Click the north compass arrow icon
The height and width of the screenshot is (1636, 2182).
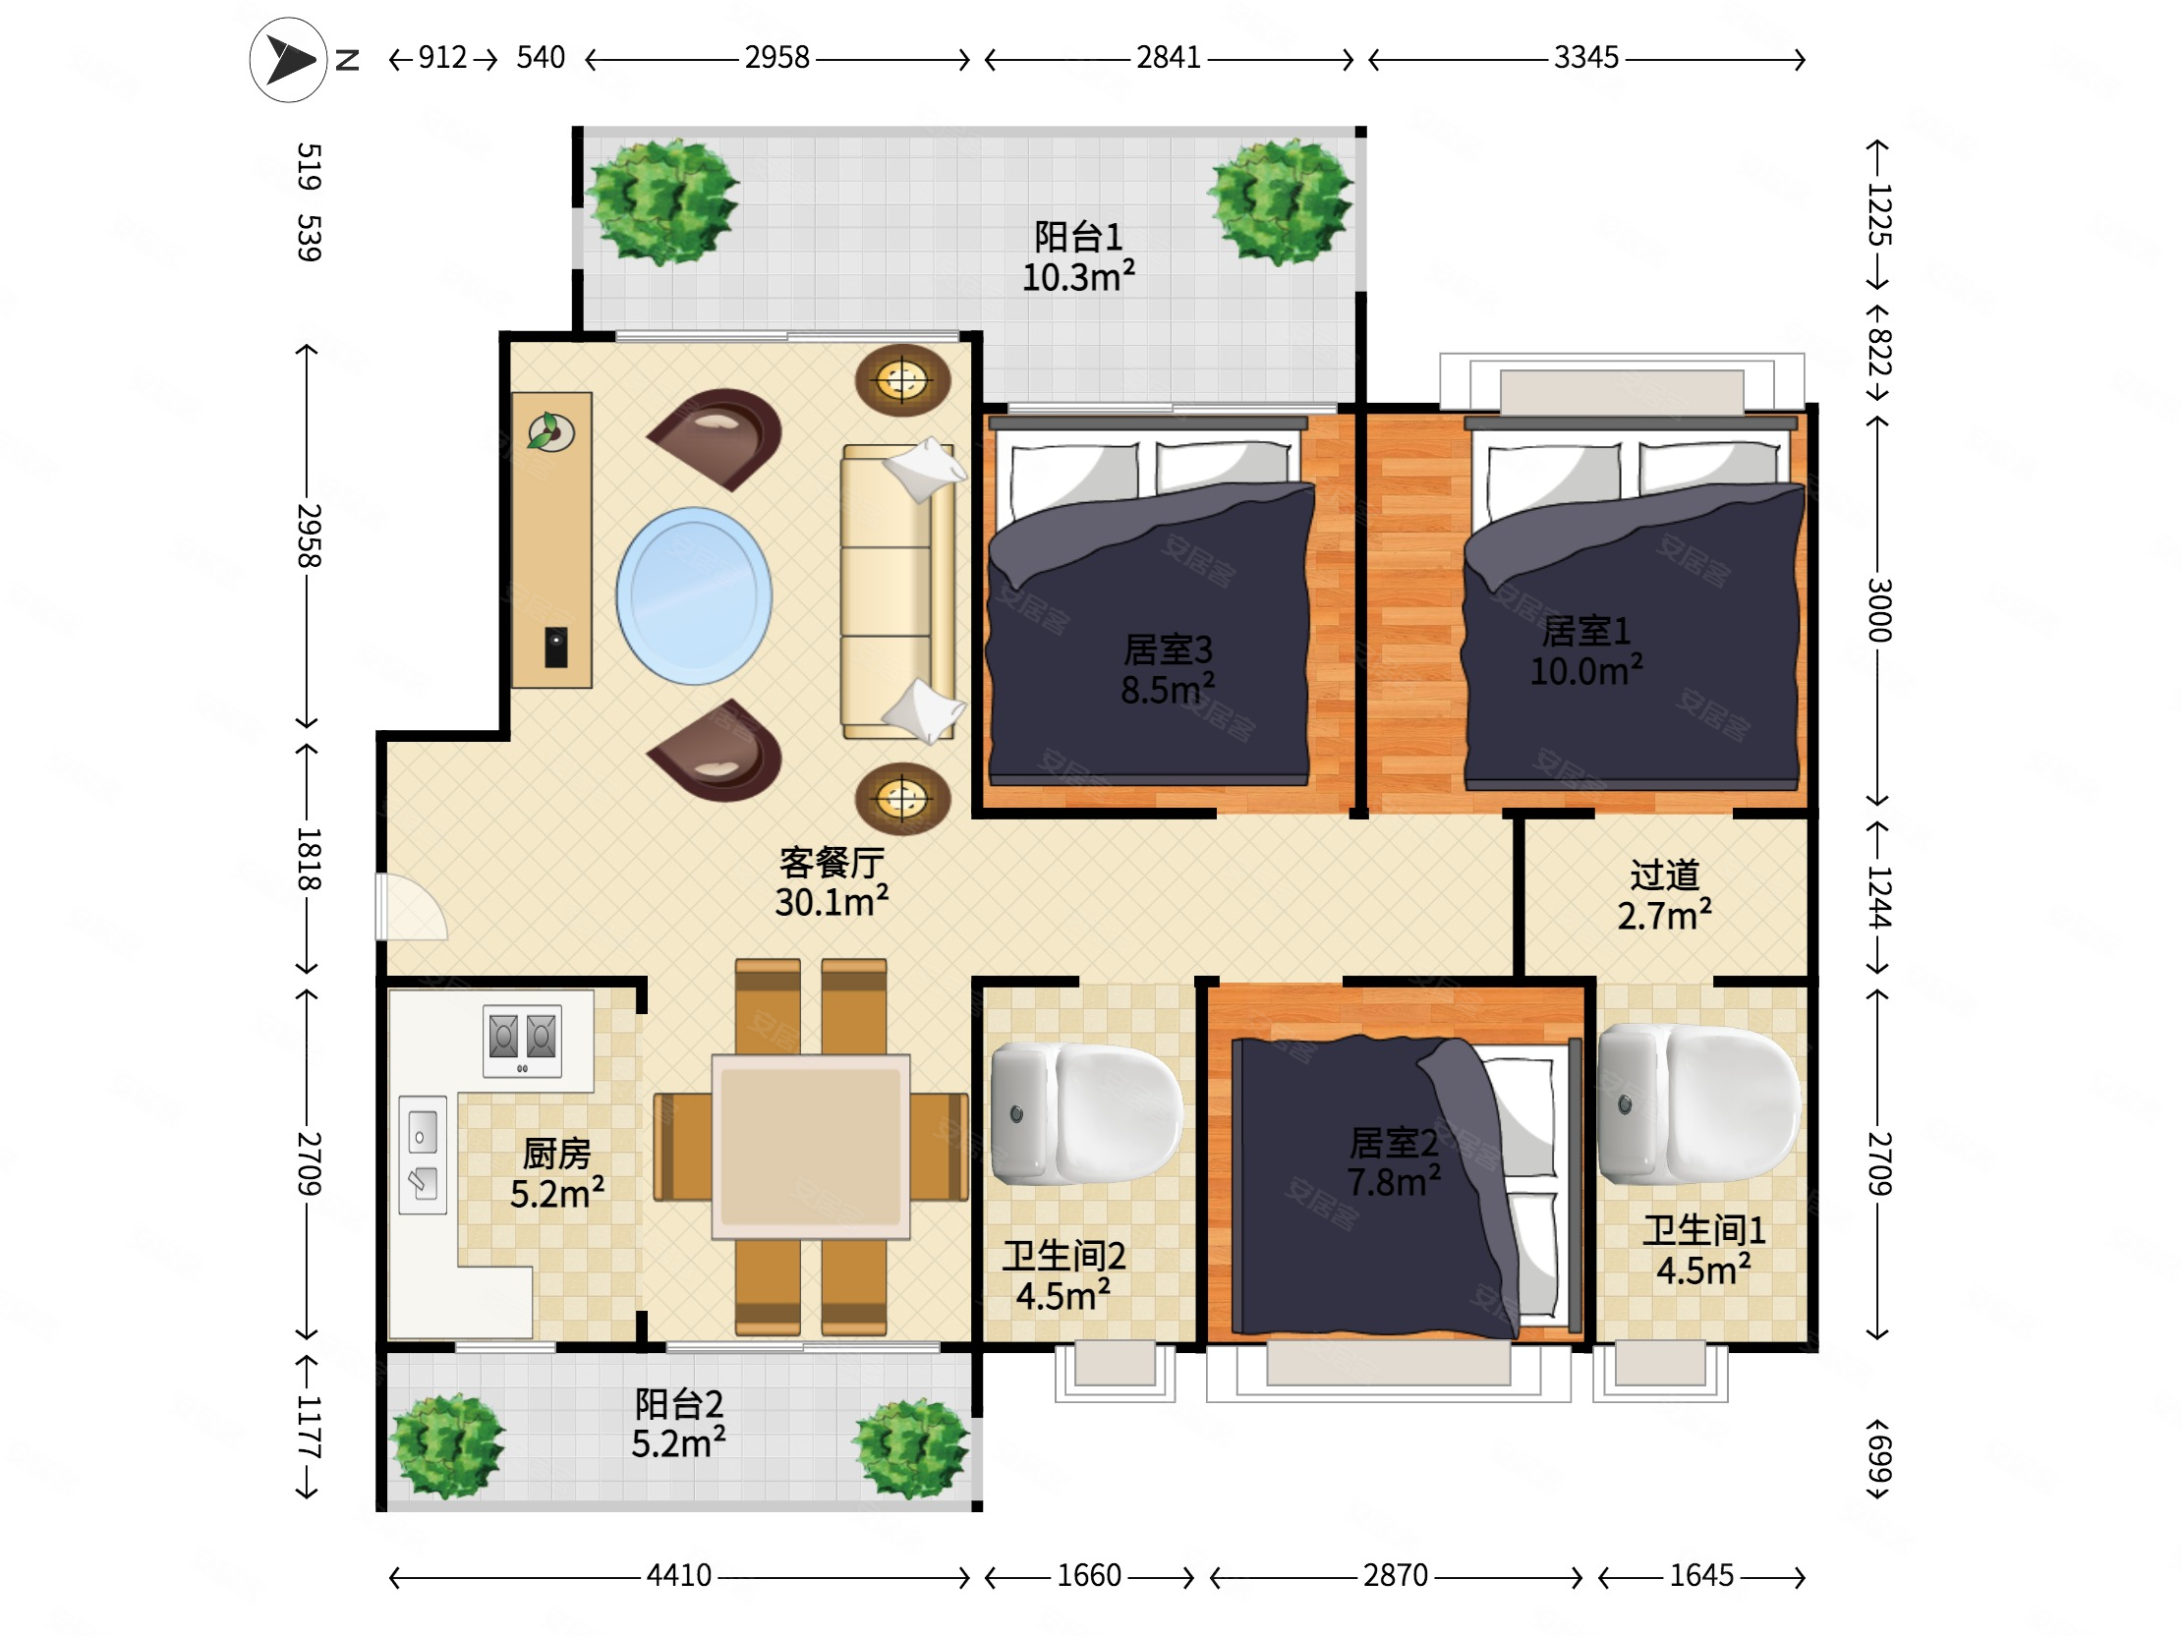pos(288,60)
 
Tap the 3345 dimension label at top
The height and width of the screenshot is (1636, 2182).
pos(1586,58)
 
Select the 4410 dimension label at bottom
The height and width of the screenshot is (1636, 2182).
pos(678,1576)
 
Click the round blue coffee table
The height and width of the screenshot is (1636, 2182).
pos(694,595)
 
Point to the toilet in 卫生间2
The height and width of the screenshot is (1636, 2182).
pos(1086,1113)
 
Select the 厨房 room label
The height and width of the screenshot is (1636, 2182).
pos(557,1154)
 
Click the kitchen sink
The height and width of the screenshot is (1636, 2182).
pos(423,1155)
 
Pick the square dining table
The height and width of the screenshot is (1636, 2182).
pos(811,1146)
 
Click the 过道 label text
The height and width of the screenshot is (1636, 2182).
pos(1665,874)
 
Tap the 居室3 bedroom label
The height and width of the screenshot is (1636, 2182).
pos(1168,649)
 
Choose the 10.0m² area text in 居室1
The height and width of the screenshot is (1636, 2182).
pos(1586,670)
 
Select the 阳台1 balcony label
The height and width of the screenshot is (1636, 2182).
pos(1078,237)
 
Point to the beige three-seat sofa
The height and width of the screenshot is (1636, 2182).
pos(897,592)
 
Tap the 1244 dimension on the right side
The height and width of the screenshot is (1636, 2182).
pos(1878,897)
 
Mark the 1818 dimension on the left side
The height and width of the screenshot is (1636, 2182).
pos(309,859)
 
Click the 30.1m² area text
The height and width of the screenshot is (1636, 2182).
pos(832,901)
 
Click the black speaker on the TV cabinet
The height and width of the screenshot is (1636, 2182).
pos(556,647)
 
